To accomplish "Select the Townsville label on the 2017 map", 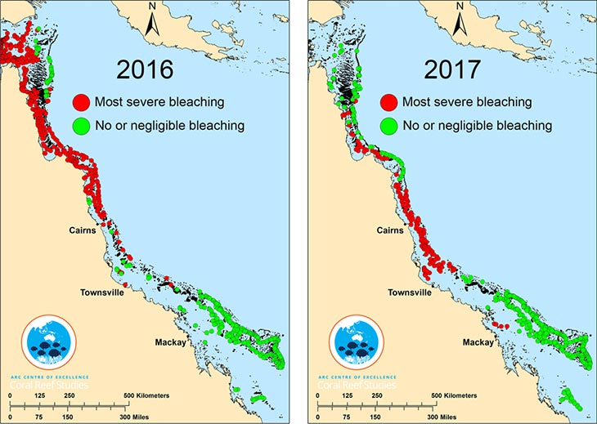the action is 409,292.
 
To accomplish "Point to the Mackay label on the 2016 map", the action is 170,341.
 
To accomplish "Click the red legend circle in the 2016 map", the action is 81,102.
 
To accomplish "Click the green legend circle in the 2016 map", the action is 81,126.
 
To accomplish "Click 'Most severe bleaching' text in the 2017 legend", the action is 467,102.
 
